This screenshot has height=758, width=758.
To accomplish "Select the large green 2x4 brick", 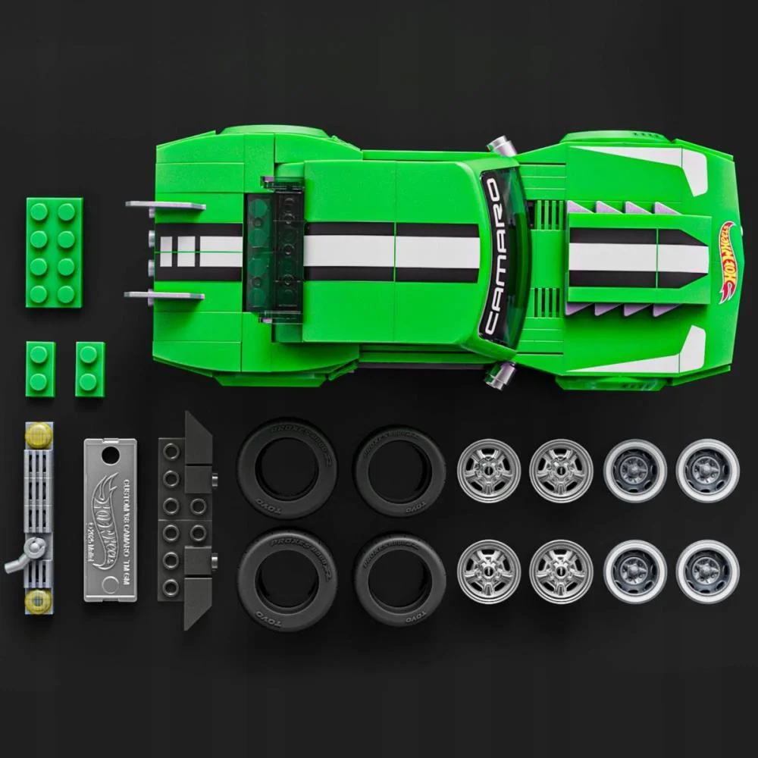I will tap(55, 252).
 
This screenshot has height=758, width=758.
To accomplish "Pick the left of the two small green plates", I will tap(40, 368).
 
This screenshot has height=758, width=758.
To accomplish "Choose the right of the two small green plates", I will tap(89, 369).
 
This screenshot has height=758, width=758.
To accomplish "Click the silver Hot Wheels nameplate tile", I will tap(111, 519).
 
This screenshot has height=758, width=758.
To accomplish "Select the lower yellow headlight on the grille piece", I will tap(38, 602).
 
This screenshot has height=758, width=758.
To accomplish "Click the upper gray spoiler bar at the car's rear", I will tap(165, 205).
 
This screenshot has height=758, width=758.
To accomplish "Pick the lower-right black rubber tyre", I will tap(399, 578).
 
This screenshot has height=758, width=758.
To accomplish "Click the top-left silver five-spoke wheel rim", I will tap(489, 470).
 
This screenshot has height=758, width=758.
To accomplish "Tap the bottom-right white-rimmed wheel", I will tap(707, 570).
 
